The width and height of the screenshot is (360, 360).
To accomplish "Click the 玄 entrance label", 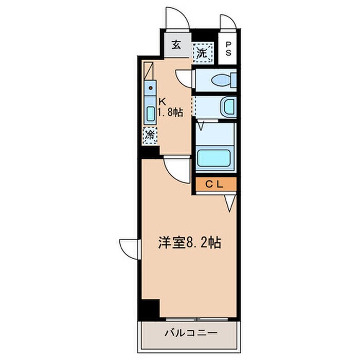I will pos(176,45).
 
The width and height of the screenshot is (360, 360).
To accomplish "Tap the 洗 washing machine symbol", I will pos(202,52).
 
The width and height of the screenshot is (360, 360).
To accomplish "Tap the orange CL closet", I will pos(214,184).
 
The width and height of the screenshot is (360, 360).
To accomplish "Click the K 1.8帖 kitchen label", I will pos(169,106).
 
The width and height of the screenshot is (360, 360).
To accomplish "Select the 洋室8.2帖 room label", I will pos(189,243).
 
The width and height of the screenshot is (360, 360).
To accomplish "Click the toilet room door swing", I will pos(184,77).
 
